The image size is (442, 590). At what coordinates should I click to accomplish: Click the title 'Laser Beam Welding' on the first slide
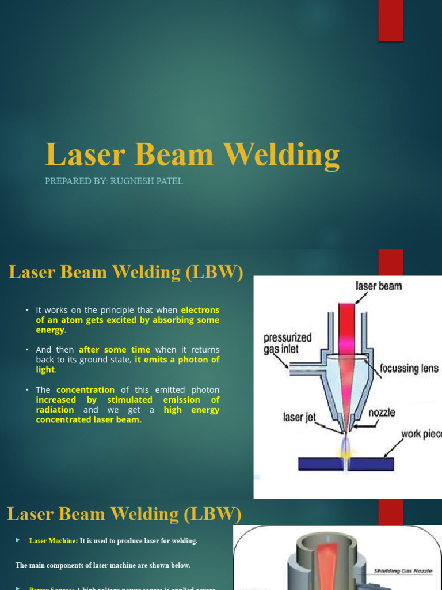click(x=192, y=156)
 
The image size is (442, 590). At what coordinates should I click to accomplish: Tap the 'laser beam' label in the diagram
click(x=379, y=286)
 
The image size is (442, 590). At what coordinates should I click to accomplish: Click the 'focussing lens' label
click(x=409, y=368)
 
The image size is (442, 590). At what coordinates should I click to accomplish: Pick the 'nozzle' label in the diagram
click(x=382, y=413)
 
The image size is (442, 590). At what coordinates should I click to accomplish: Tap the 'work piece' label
click(x=421, y=433)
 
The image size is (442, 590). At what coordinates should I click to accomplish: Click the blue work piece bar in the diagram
click(x=346, y=463)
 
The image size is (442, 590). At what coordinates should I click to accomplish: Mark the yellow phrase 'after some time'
click(x=115, y=350)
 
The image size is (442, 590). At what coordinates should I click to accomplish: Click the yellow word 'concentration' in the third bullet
click(x=85, y=390)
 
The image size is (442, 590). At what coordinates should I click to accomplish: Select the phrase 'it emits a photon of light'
click(x=177, y=360)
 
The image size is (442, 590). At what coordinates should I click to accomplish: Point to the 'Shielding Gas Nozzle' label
click(x=403, y=570)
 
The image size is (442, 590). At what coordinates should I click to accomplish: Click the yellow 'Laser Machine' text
click(x=52, y=541)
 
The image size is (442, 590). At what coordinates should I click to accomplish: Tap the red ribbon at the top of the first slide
click(x=390, y=20)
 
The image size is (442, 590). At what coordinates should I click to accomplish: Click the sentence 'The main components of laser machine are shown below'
click(x=102, y=565)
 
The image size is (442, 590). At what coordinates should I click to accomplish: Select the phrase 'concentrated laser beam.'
click(x=89, y=419)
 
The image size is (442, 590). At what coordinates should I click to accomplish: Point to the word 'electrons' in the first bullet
click(x=200, y=310)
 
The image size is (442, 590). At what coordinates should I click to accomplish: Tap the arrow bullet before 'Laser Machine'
click(x=18, y=540)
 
